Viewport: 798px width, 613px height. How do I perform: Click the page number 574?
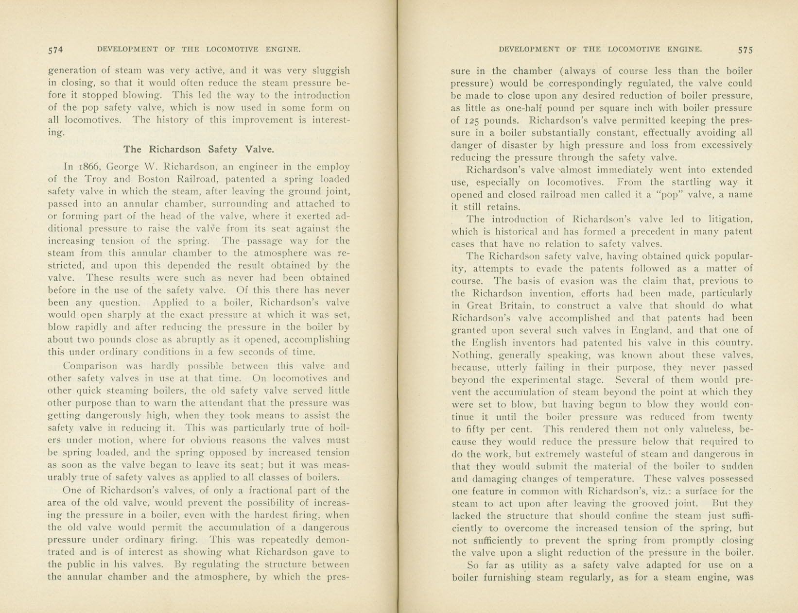pyautogui.click(x=55, y=50)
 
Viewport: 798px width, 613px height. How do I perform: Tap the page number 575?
pyautogui.click(x=745, y=50)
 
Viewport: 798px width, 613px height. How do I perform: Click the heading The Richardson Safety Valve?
pyautogui.click(x=199, y=149)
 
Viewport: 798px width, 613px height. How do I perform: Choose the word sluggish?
pyautogui.click(x=329, y=71)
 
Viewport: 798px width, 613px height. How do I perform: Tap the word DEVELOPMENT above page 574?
pyautogui.click(x=127, y=49)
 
